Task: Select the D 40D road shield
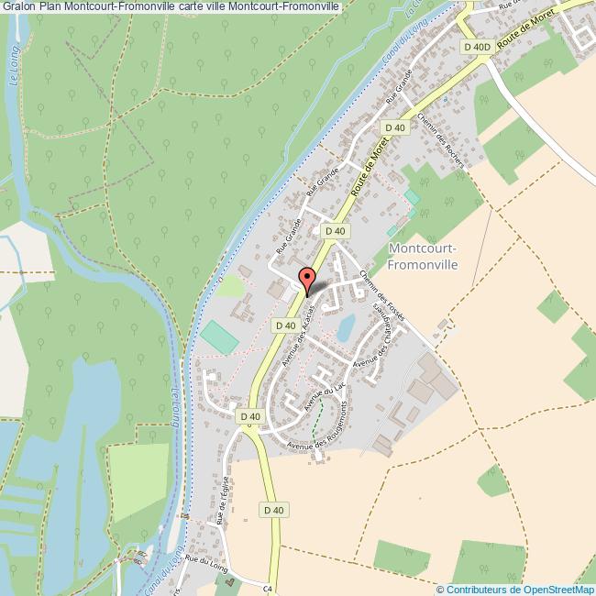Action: (478, 47)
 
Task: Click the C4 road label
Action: (270, 589)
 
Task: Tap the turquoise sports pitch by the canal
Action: (220, 336)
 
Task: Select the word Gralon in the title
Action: (19, 6)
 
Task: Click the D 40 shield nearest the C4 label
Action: (272, 510)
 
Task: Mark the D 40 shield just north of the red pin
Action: (335, 231)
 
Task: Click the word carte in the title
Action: (195, 6)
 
